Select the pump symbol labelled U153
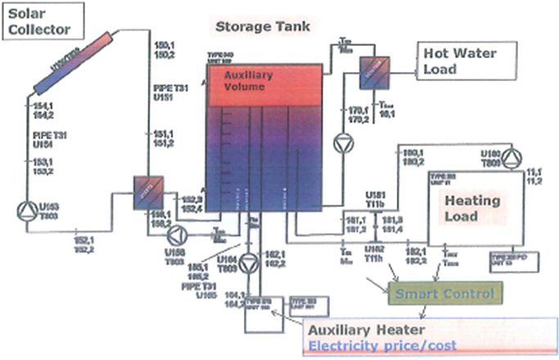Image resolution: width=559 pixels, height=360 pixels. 25,209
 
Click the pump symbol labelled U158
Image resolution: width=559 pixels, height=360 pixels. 175,235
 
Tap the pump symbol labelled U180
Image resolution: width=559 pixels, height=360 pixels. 513,157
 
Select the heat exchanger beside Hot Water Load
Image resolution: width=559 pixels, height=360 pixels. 375,74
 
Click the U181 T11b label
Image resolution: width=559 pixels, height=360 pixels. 376,199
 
